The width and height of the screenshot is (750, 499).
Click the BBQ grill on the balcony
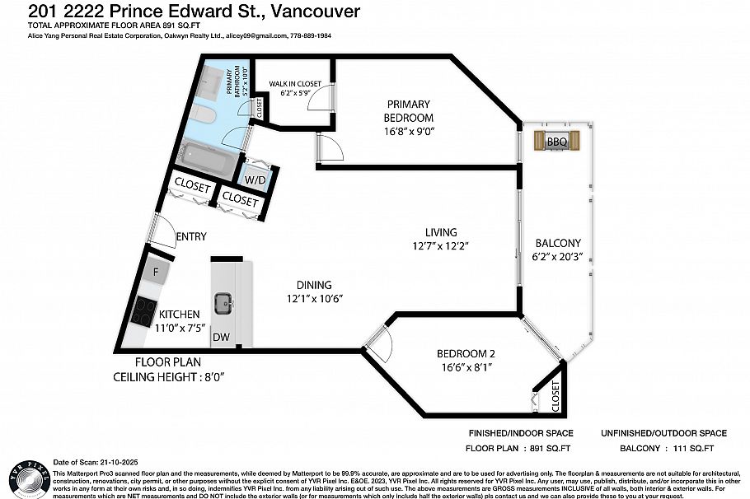[556, 142]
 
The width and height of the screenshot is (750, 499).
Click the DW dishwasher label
[221, 337]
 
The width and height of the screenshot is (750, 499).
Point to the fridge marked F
[154, 269]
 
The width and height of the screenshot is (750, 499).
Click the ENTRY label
[191, 237]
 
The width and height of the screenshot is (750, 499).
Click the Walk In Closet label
[293, 84]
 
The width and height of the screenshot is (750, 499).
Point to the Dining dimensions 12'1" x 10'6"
[314, 297]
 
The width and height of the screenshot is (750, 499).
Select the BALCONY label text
[558, 243]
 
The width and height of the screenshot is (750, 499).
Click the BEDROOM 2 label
[466, 354]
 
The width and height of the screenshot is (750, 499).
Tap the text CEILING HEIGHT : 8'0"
[169, 376]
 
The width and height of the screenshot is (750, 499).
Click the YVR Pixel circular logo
[26, 475]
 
